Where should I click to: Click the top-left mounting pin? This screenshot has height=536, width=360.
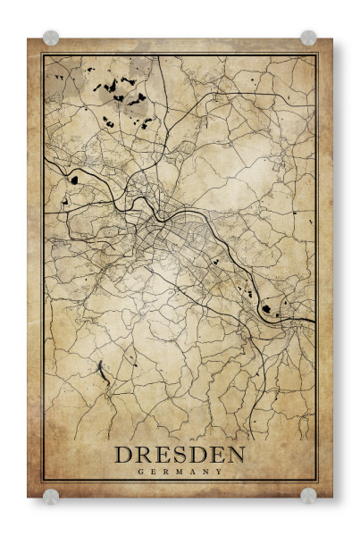[52, 38]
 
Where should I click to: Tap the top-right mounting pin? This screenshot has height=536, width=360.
[308, 38]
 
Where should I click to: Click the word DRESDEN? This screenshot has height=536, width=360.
[180, 455]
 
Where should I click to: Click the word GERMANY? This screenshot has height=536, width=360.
[180, 471]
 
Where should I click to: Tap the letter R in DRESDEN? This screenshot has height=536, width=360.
[144, 455]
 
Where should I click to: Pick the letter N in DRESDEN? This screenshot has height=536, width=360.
[235, 455]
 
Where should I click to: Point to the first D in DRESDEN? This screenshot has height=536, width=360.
[124, 455]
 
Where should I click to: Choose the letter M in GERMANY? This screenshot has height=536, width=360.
[180, 471]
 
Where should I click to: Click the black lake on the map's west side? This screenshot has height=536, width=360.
[74, 178]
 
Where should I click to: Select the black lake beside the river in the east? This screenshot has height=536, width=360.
[265, 309]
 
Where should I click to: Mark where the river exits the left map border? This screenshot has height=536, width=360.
[45, 159]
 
